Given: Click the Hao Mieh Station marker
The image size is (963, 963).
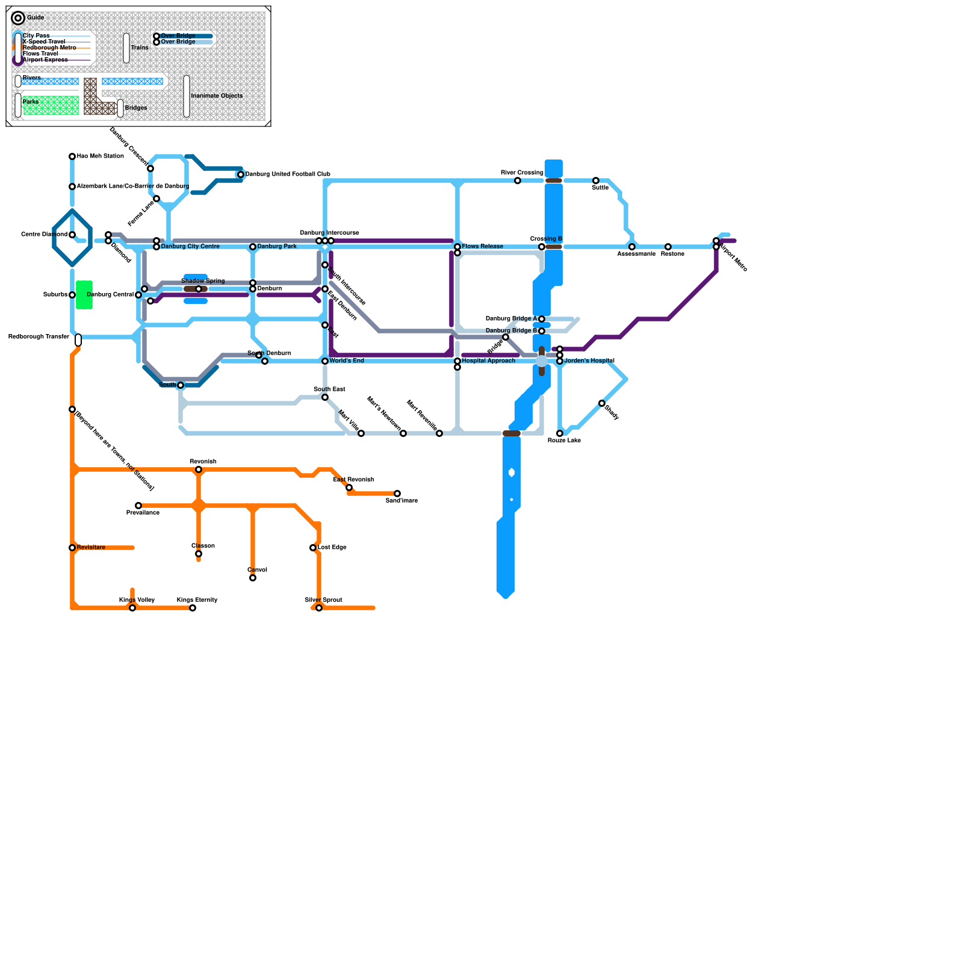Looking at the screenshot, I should pos(72,156).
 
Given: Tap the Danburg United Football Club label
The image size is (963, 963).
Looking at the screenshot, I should pos(288,175).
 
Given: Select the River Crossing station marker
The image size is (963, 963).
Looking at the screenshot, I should pos(518,181).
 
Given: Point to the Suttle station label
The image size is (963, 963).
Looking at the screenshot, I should pos(600,188).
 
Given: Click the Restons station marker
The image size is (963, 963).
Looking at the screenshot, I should pos(668,247).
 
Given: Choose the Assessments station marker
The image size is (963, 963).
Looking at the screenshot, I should pos(632,247).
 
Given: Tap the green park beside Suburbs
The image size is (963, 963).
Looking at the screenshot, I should pos(84,295).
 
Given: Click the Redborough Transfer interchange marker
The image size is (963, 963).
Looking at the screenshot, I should pos(78,340).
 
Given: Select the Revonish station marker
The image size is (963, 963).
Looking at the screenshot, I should pos(199,469).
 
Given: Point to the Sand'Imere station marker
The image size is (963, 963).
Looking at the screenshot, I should pos(397,494).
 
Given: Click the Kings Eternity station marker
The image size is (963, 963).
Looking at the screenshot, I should pos(193,608).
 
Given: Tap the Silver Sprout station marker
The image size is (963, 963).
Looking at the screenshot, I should pos(319,608).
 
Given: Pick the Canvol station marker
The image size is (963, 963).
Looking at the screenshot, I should pos(253,578).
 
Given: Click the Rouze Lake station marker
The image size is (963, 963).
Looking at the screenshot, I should pos(560,433).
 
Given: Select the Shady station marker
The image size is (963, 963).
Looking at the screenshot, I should pos(602,403).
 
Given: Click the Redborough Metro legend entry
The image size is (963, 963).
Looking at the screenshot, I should pos(49,48).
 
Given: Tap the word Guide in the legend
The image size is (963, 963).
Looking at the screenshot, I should pos(36,18).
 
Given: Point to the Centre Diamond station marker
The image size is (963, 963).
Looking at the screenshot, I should pos(72,235).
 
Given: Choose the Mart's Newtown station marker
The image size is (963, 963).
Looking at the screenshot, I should pos(403,433).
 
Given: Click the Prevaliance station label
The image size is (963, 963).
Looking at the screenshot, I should pos(143,513).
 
